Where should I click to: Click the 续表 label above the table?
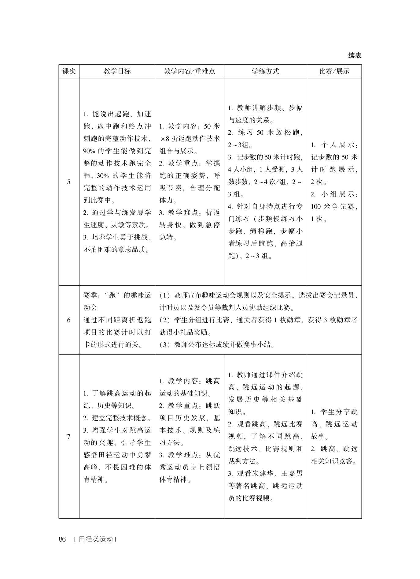pyautogui.click(x=355, y=55)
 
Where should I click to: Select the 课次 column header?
pyautogui.click(x=69, y=71)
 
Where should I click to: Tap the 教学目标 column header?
pyautogui.click(x=117, y=71)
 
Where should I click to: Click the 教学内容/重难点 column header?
pyautogui.click(x=190, y=71)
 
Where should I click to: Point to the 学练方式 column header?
pyautogui.click(x=265, y=71)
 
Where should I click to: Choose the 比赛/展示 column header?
pyautogui.click(x=334, y=71)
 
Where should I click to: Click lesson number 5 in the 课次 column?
pyautogui.click(x=69, y=182)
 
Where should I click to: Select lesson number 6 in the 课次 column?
pyautogui.click(x=69, y=320)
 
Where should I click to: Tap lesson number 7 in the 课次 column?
pyautogui.click(x=69, y=436)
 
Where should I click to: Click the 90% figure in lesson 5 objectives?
pyautogui.click(x=89, y=151)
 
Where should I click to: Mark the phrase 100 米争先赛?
pyautogui.click(x=334, y=206)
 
